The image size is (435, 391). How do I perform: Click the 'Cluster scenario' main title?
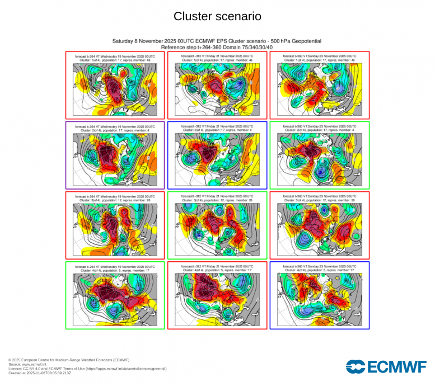[217, 17]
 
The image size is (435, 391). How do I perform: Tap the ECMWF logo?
[386, 366]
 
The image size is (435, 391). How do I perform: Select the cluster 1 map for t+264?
[115, 88]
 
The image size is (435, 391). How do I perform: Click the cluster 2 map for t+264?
[115, 158]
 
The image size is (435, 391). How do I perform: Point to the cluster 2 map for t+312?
[217, 158]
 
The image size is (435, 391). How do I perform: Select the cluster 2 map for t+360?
[319, 158]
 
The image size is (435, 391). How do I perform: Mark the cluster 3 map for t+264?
[115, 228]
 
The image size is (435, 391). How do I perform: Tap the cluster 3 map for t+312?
[217, 228]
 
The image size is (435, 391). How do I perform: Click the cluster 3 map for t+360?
[319, 228]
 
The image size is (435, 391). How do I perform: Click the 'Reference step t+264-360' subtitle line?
[217, 47]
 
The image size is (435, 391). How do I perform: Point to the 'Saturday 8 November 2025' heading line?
[217, 41]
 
